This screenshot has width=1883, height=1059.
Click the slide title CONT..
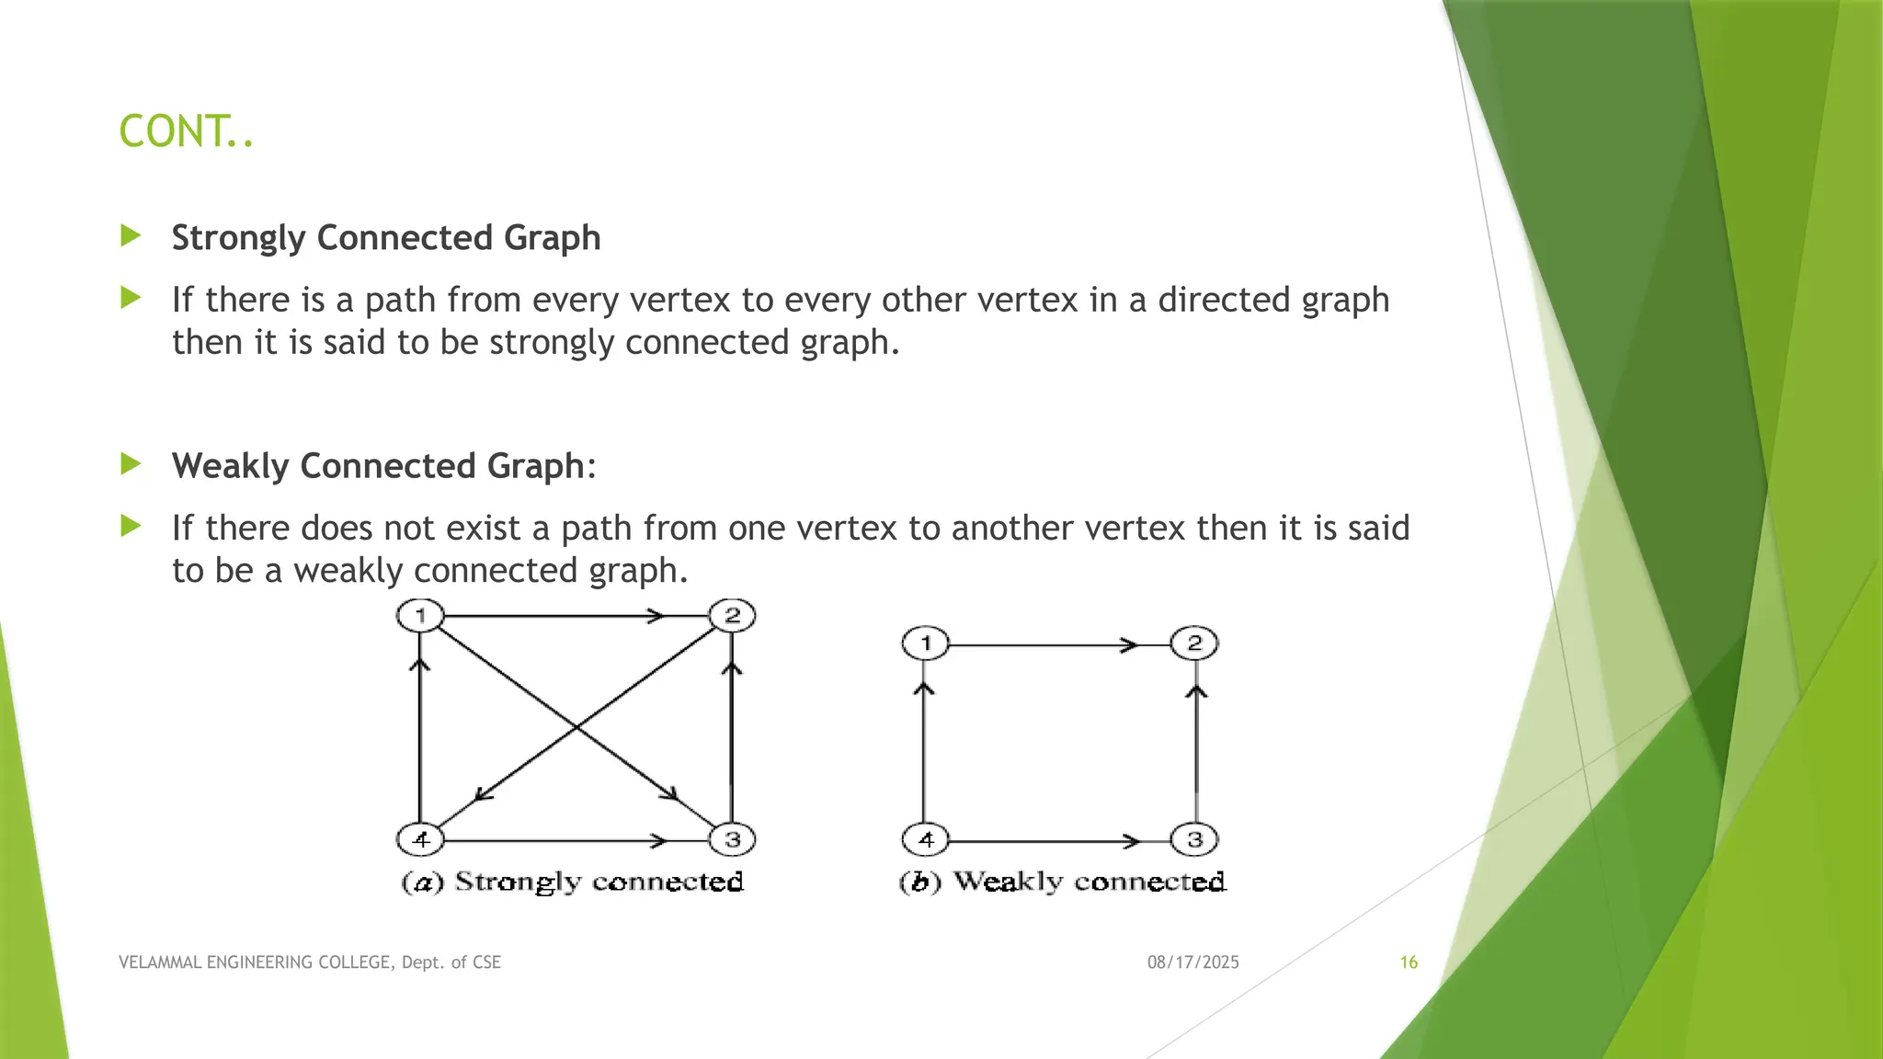pos(186,131)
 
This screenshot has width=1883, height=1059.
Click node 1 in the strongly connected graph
pos(420,615)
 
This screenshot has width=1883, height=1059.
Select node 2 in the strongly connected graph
pos(732,615)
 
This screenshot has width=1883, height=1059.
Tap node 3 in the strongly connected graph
pos(732,838)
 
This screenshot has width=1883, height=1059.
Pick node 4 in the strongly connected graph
pos(420,838)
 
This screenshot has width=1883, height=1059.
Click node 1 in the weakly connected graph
pos(925,643)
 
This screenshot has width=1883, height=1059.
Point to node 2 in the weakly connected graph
pos(1194,643)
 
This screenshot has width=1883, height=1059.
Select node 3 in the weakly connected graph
pos(1194,838)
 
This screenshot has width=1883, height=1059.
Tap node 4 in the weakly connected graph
pos(925,838)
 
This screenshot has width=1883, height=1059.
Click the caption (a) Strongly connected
pos(572,882)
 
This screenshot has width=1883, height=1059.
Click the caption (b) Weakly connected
pos(1062,882)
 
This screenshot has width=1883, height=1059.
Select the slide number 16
pos(1409,962)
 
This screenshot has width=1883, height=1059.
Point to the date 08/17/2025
pos(1193,962)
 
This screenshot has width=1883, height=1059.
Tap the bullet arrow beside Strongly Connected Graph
pos(131,236)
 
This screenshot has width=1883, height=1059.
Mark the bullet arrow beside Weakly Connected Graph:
pos(131,464)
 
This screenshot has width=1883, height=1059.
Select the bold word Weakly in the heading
pos(231,466)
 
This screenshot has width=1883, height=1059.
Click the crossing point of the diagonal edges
pos(576,727)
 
